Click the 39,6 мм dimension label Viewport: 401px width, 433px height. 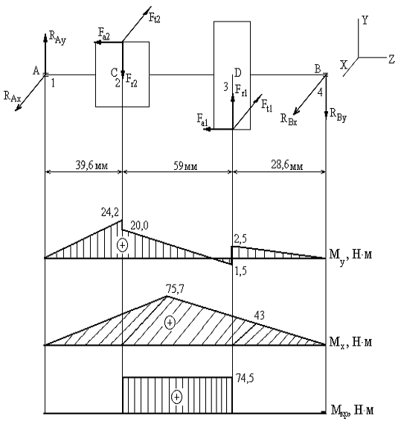pos(92,165)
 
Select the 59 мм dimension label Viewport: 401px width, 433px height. pos(185,166)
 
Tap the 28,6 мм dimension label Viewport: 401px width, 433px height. pos(287,165)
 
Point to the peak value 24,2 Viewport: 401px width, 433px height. pos(110,212)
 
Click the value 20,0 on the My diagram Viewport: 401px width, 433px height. pos(139,226)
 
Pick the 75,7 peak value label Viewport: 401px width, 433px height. pos(175,289)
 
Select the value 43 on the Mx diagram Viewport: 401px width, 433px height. pos(259,315)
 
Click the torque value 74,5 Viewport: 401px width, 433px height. pos(245,378)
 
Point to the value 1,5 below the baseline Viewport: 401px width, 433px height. pos(240,271)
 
